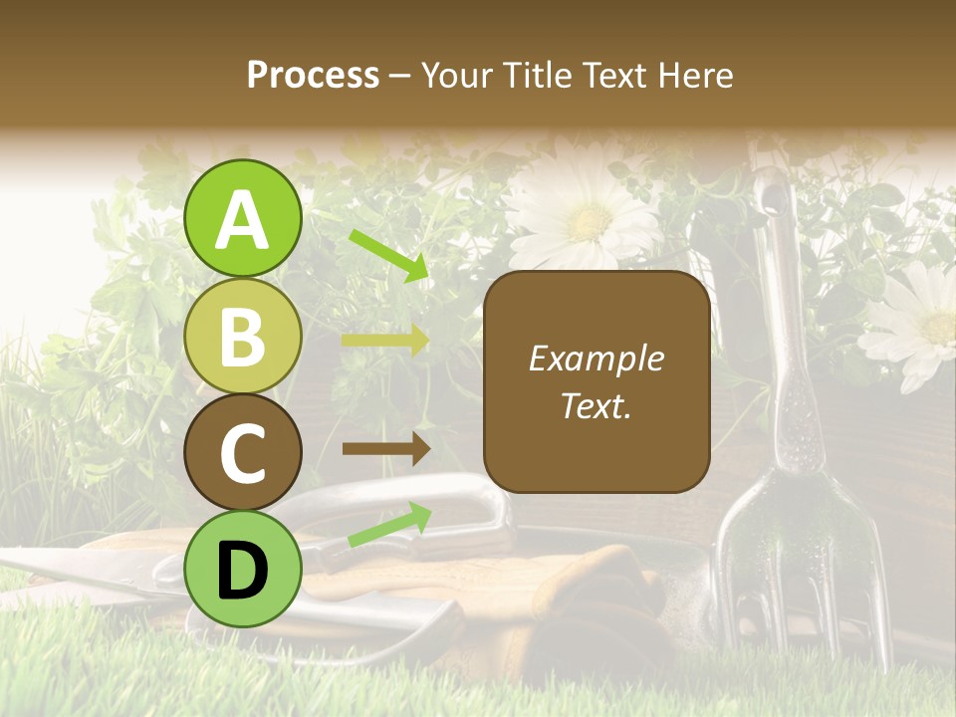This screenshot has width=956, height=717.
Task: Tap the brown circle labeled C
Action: pyautogui.click(x=242, y=453)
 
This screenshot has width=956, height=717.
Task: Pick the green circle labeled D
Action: pyautogui.click(x=242, y=569)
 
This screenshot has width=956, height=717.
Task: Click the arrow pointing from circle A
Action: pyautogui.click(x=389, y=255)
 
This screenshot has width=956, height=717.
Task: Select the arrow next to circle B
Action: pyautogui.click(x=385, y=341)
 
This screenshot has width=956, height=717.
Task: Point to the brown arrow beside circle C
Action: pyautogui.click(x=385, y=448)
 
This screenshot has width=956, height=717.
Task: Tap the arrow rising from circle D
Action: pyautogui.click(x=389, y=525)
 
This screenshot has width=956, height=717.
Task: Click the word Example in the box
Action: pyautogui.click(x=597, y=358)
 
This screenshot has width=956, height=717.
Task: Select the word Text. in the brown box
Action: pyautogui.click(x=597, y=405)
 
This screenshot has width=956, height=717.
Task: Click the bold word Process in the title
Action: pyautogui.click(x=313, y=76)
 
